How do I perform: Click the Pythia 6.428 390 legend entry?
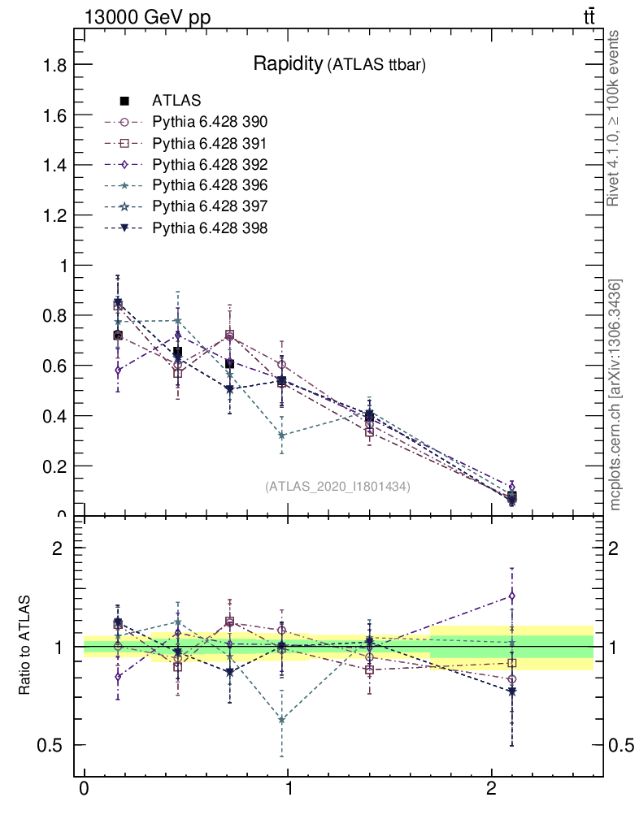210,123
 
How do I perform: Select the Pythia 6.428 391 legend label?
210,144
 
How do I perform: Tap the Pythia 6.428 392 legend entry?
210,165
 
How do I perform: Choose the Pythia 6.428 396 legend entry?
210,186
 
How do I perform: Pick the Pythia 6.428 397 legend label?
210,207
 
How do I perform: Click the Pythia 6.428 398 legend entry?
210,228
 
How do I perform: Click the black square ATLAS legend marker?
124,102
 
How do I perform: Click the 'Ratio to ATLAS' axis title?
24,646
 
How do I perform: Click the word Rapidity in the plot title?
288,64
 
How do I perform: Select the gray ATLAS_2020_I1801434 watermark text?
337,487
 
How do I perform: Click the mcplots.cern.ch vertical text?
616,396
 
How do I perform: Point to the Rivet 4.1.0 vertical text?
615,118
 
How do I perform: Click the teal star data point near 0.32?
281,435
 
